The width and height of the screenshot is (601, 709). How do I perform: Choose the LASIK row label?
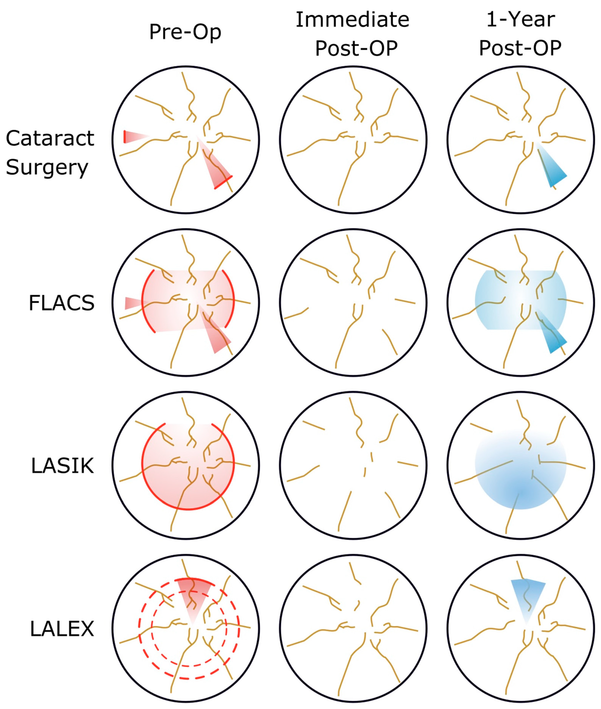point(62,466)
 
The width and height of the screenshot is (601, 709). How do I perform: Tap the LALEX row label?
point(62,629)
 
